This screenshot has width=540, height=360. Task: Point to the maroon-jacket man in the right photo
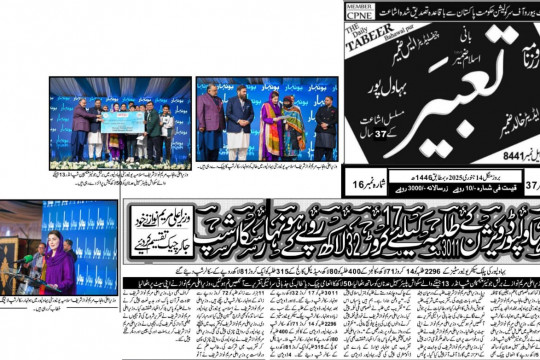(x=209, y=125)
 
